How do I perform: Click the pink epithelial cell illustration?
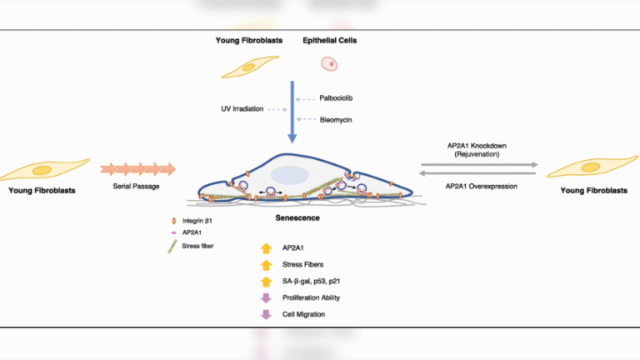pyautogui.click(x=329, y=63)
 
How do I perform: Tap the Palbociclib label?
pyautogui.click(x=336, y=98)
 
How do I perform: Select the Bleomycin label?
pyautogui.click(x=336, y=120)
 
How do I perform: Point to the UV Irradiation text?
pyautogui.click(x=242, y=108)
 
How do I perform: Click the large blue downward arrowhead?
pyautogui.click(x=292, y=138)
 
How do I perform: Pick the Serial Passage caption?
pyautogui.click(x=136, y=186)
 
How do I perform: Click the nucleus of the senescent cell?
pyautogui.click(x=289, y=176)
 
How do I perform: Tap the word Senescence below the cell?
pyautogui.click(x=297, y=218)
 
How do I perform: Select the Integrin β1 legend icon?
pyautogui.click(x=174, y=221)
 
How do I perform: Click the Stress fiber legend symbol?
pyautogui.click(x=172, y=247)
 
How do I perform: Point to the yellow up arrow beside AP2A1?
pyautogui.click(x=266, y=248)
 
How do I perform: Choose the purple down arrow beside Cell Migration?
pyautogui.click(x=266, y=314)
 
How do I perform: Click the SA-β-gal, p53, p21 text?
pyautogui.click(x=311, y=281)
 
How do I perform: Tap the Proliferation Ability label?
pyautogui.click(x=311, y=297)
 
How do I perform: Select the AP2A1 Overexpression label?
pyautogui.click(x=481, y=186)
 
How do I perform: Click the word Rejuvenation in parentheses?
pyautogui.click(x=477, y=154)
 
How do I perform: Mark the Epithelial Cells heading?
pyautogui.click(x=330, y=40)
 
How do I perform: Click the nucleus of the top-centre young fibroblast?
pyautogui.click(x=248, y=67)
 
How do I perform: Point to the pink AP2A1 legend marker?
pyautogui.click(x=173, y=232)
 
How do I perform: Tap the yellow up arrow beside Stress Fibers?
pyautogui.click(x=266, y=265)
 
